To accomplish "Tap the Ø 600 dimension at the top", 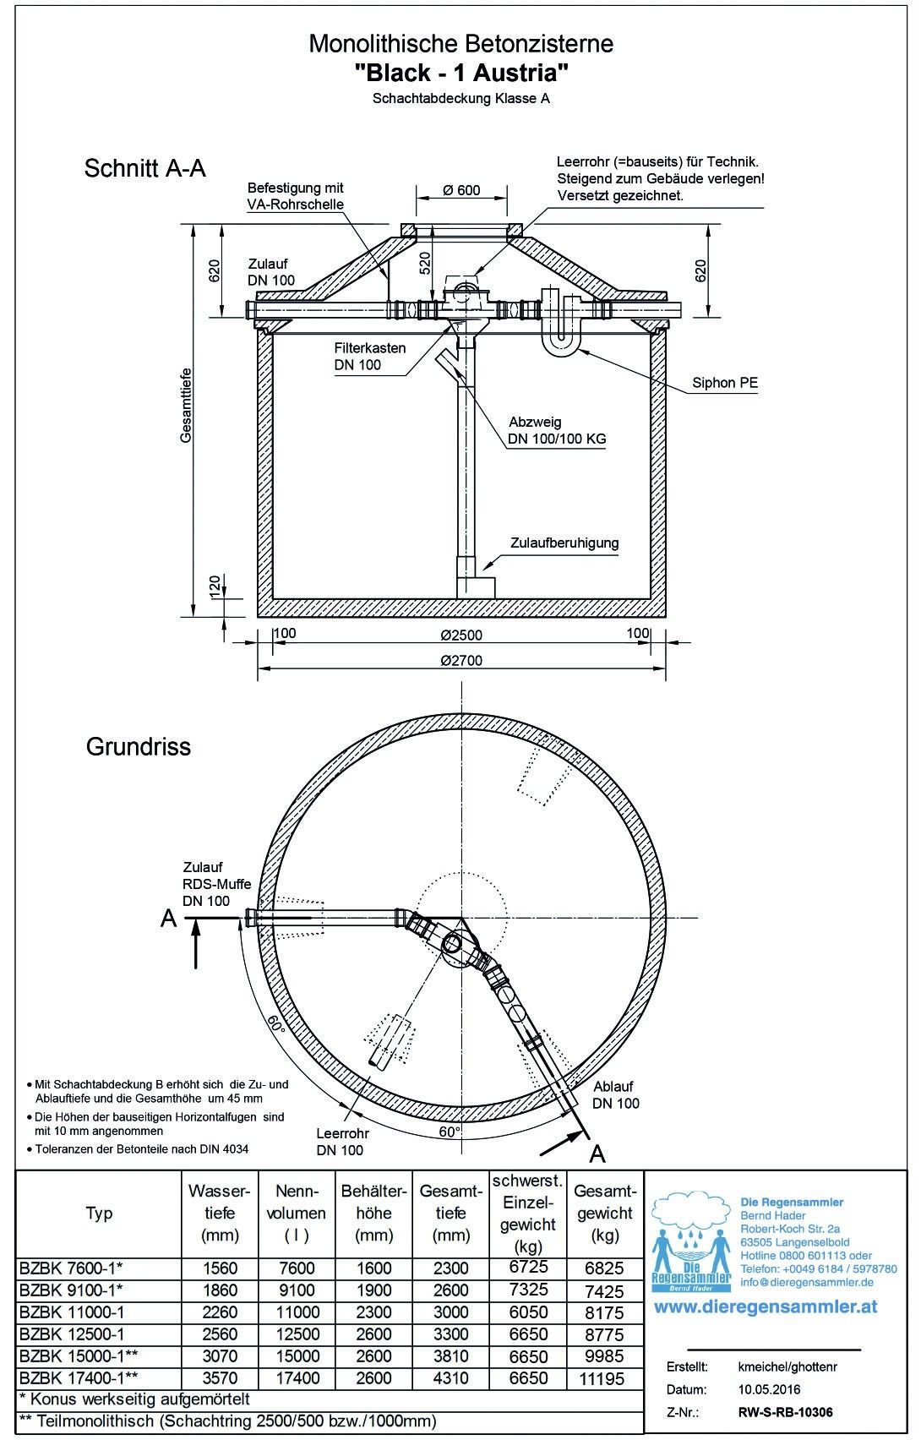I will click(461, 190).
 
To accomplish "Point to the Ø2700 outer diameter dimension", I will click(461, 660).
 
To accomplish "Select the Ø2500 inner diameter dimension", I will click(461, 635).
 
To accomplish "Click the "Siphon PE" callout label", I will click(725, 383).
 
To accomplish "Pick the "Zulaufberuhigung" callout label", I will click(564, 543).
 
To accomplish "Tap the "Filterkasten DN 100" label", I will click(369, 357).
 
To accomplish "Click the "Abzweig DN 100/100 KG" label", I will click(557, 430).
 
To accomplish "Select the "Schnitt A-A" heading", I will click(144, 168).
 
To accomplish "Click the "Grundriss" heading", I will click(139, 747).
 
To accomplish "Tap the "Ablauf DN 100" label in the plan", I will click(615, 1094).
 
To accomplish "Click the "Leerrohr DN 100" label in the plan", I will click(340, 1142).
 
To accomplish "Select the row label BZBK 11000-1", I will click(71, 1312).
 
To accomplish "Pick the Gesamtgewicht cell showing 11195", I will click(603, 1379).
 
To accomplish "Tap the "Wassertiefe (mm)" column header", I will click(220, 1213).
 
